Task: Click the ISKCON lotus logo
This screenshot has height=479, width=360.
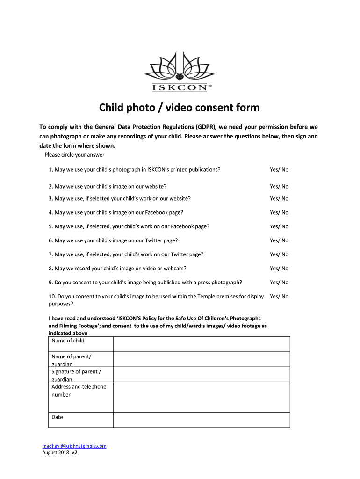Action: [x=180, y=73]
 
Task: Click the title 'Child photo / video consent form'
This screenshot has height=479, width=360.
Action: [x=179, y=108]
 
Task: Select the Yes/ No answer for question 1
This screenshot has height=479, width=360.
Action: [x=279, y=169]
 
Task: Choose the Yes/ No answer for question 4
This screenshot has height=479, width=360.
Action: [x=279, y=212]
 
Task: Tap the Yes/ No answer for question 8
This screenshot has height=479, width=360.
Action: [x=279, y=269]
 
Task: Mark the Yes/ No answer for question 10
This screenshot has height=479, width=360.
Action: [x=279, y=296]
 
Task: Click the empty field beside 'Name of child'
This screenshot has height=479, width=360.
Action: [x=201, y=344]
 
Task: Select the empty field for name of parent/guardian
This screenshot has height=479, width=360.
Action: [x=201, y=359]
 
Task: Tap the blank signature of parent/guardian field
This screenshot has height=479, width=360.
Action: [x=201, y=374]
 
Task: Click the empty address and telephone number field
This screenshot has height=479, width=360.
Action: [x=201, y=397]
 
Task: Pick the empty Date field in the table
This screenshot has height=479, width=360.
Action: [x=201, y=420]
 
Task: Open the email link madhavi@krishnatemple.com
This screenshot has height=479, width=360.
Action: [x=74, y=446]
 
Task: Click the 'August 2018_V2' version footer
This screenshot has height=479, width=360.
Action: [x=59, y=453]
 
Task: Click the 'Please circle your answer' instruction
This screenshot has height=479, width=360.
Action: [x=74, y=155]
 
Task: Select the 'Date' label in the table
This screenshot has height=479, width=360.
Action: [x=57, y=417]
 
